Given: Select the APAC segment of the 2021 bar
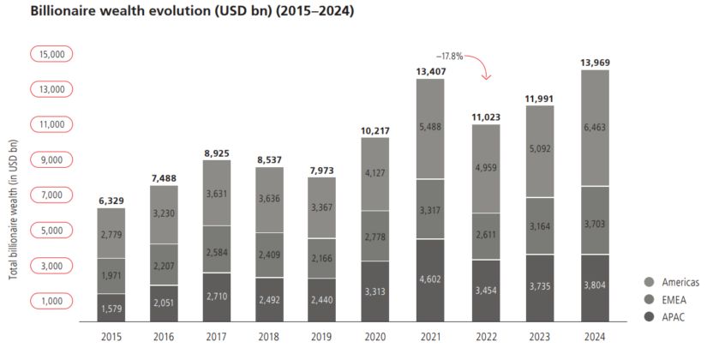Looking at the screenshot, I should (x=430, y=279).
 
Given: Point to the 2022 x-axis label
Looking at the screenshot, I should (x=485, y=338).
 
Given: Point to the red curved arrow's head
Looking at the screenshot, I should (x=486, y=78).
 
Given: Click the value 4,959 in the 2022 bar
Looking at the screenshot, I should (x=485, y=168).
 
